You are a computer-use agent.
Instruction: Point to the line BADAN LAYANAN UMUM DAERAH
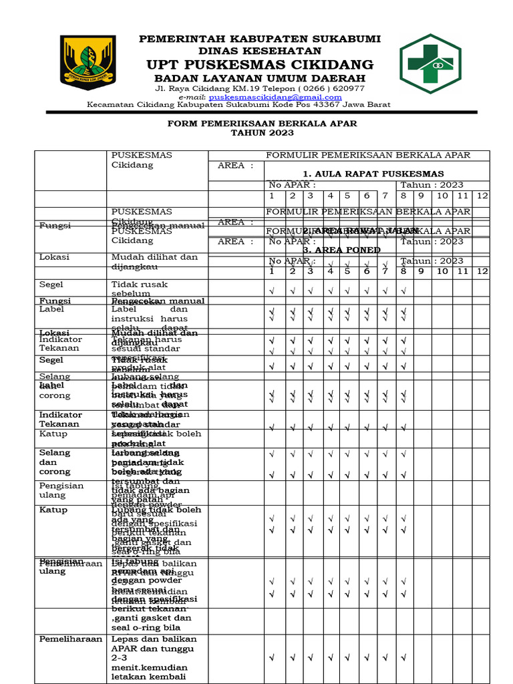click(260, 78)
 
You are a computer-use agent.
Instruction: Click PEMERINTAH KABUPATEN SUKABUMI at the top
click(260, 39)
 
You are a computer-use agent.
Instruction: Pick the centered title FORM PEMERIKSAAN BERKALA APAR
click(262, 124)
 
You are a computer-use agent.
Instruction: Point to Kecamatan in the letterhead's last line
click(110, 105)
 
